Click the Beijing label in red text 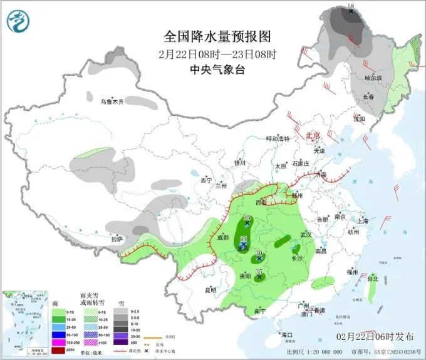(313, 135)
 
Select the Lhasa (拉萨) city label (117, 239)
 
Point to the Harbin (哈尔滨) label (373, 78)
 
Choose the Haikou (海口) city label (288, 335)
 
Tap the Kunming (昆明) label (210, 290)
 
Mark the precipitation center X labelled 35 (259, 276)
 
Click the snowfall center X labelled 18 (351, 11)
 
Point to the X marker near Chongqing (243, 245)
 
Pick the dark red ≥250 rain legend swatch (16, 349)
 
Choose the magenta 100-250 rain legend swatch (16, 342)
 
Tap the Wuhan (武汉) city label (306, 235)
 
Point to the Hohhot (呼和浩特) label (278, 138)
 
